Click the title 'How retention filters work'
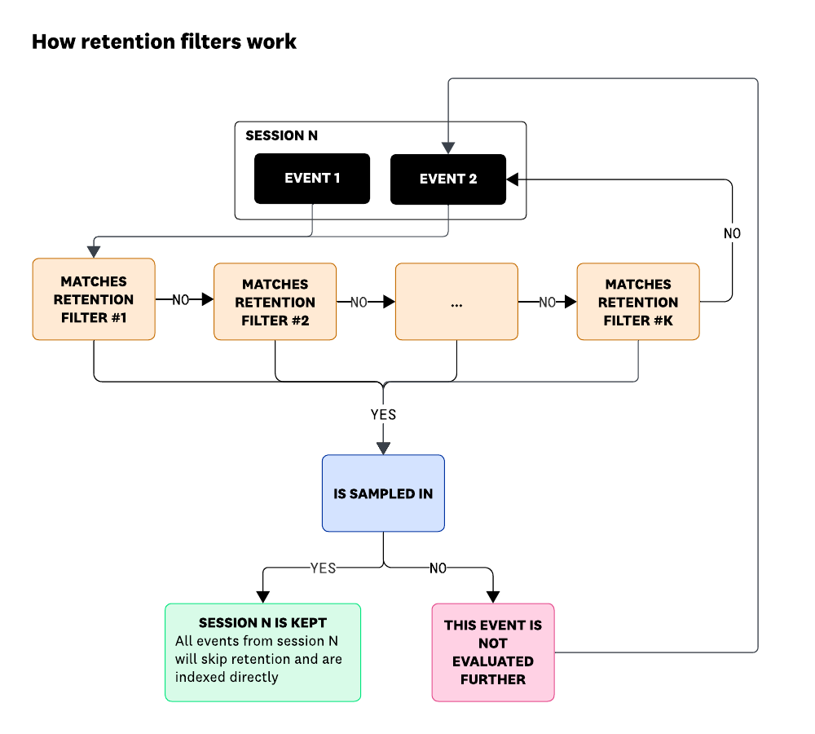164,42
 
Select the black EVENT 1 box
312,179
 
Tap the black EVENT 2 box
447,179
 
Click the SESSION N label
281,136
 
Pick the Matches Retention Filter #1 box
94,299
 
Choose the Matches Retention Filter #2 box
275,302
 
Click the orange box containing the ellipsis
456,302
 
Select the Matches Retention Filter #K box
637,302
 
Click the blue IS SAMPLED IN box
383,493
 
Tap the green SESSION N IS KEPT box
262,652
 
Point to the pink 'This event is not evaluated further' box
492,652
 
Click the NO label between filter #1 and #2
181,300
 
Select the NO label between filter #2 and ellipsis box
359,303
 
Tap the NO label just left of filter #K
548,303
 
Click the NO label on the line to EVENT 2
732,234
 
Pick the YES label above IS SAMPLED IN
383,414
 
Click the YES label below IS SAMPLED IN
323,568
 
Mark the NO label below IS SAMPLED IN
438,568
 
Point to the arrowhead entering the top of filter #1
94,252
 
